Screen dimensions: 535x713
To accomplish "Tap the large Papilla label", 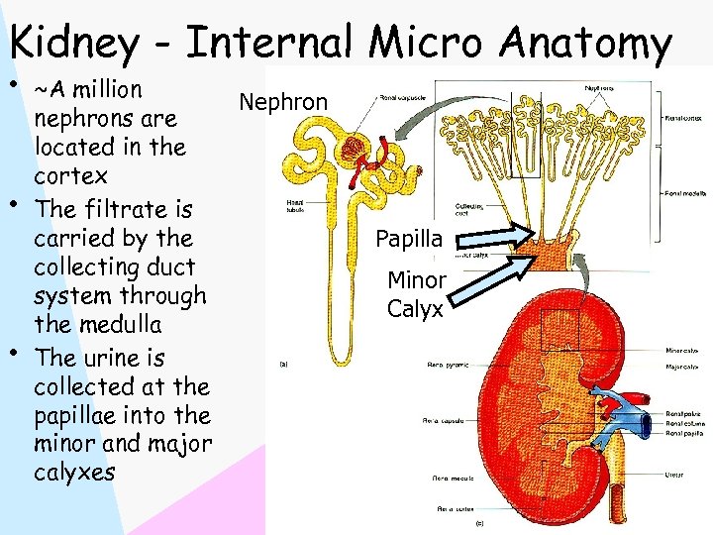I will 409,239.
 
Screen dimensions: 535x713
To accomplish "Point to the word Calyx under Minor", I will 415,309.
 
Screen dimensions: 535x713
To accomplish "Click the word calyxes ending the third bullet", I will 74,473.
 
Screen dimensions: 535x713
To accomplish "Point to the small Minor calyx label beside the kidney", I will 682,349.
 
